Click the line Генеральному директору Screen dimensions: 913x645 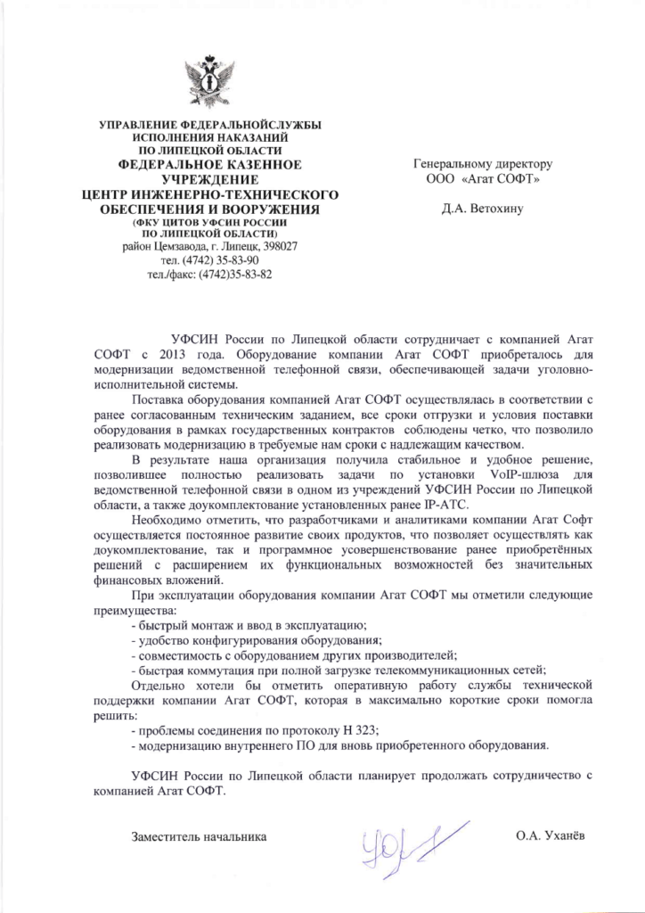483,164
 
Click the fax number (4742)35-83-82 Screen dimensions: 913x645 235,274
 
